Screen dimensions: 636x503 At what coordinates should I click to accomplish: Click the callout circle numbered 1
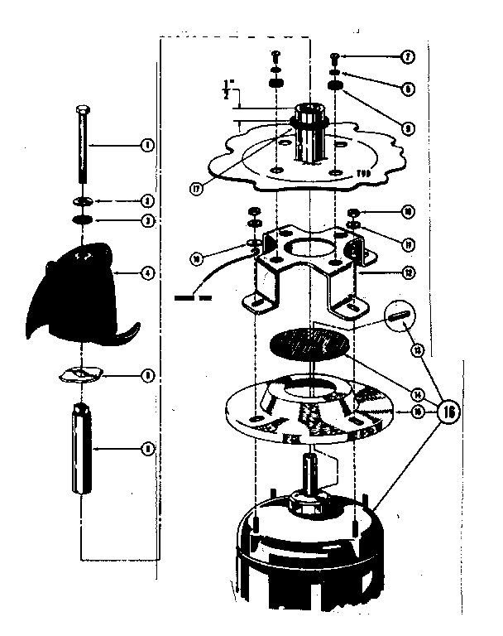tap(146, 146)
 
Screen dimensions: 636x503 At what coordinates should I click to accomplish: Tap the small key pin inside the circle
tap(402, 319)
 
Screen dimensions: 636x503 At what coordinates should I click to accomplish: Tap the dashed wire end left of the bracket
tap(194, 296)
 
